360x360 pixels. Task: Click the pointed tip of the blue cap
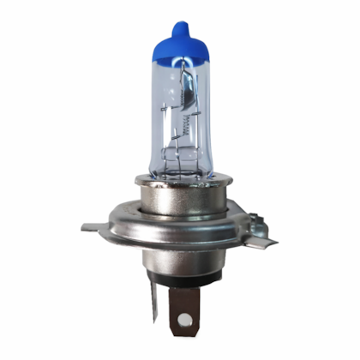click(x=179, y=27)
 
